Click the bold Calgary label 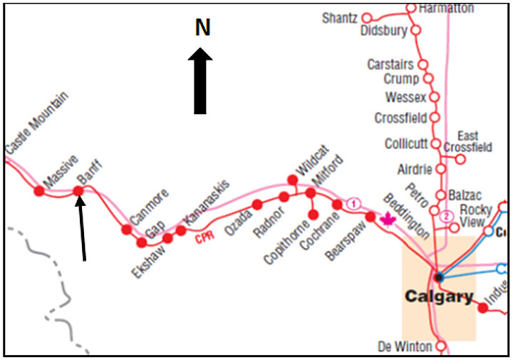(438, 297)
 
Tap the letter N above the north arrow (203, 28)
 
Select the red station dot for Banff (78, 190)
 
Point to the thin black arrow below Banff (83, 228)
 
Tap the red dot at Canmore (127, 230)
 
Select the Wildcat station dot (291, 179)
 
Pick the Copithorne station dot (312, 215)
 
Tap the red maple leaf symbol (389, 218)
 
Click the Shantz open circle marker (368, 18)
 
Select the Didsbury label (383, 31)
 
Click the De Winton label (405, 347)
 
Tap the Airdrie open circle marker (441, 169)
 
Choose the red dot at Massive (38, 190)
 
